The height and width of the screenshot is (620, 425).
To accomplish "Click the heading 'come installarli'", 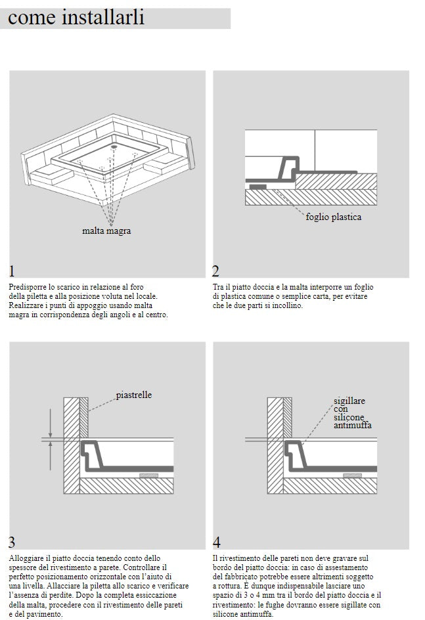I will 76,18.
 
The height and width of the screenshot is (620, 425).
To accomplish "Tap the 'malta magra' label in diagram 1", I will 106,231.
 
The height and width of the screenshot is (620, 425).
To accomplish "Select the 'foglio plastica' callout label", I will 334,217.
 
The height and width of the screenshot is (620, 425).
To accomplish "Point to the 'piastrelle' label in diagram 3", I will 134,395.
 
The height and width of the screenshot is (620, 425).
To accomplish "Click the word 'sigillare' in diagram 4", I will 349,401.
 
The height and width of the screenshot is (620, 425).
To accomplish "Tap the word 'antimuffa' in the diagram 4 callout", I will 353,426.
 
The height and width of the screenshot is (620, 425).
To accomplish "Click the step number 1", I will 12,271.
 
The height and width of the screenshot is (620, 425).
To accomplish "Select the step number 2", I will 215,271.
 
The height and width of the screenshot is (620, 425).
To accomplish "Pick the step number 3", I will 12,542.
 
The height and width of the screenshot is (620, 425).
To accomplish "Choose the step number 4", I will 216,542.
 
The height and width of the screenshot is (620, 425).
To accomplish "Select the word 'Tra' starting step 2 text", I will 218,288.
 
